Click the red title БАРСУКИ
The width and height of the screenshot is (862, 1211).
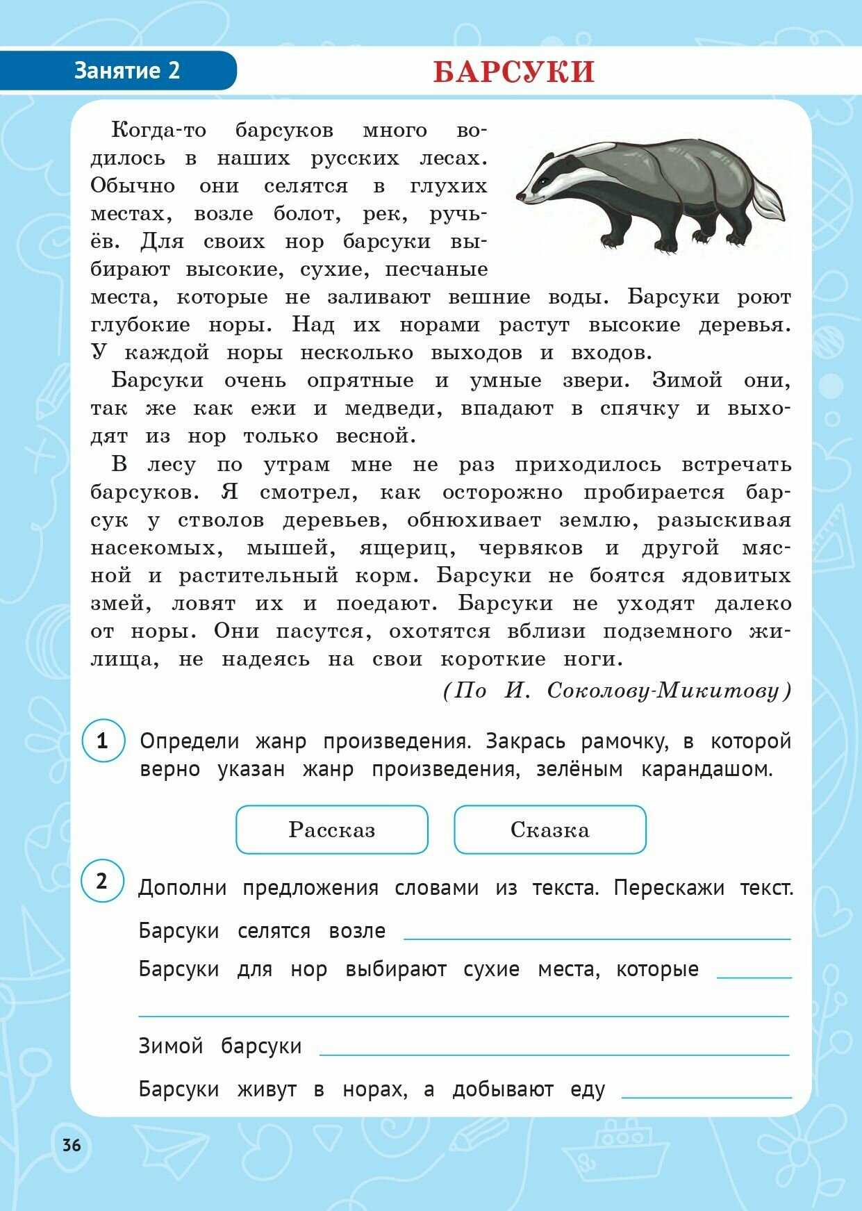514,72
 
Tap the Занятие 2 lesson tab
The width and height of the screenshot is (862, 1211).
126,71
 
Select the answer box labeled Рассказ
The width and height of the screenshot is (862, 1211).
332,830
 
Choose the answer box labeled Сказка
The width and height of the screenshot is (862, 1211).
549,830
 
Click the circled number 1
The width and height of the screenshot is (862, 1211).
103,741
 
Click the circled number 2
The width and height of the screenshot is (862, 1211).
102,881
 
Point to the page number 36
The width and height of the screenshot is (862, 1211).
72,1145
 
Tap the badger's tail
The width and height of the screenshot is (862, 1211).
768,201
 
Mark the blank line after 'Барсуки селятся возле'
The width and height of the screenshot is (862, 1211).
597,935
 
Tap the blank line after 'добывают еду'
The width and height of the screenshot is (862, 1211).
706,1094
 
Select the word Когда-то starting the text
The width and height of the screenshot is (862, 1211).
158,130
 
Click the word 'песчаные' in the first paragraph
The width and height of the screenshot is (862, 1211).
436,270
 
